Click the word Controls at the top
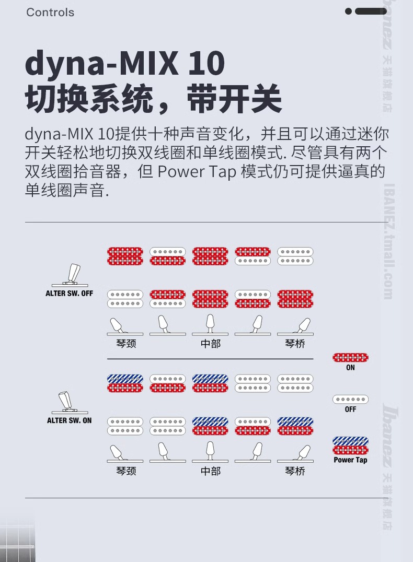click(50, 12)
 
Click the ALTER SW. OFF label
click(69, 294)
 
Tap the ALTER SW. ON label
click(69, 420)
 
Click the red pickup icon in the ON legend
click(350, 358)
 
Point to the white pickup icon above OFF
click(350, 399)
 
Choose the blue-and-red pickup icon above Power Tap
click(350, 446)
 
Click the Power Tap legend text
click(350, 460)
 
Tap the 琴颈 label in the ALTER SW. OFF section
click(126, 344)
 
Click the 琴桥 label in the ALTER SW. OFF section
click(295, 344)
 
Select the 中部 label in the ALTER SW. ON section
click(211, 471)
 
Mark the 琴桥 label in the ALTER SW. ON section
click(295, 471)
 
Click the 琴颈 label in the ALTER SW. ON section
click(126, 471)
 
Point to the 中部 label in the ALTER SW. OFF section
click(211, 344)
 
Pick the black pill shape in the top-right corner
click(371, 11)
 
